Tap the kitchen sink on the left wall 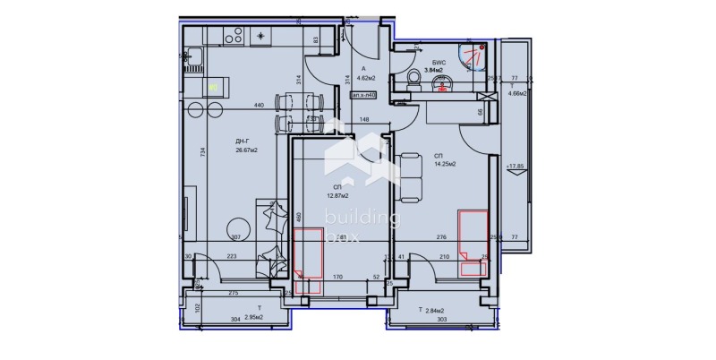coord(193,62)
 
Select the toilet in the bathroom coord(414,81)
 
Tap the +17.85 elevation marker coord(515,166)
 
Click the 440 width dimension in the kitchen coord(259,106)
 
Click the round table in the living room coord(236,227)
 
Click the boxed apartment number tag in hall coord(362,93)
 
